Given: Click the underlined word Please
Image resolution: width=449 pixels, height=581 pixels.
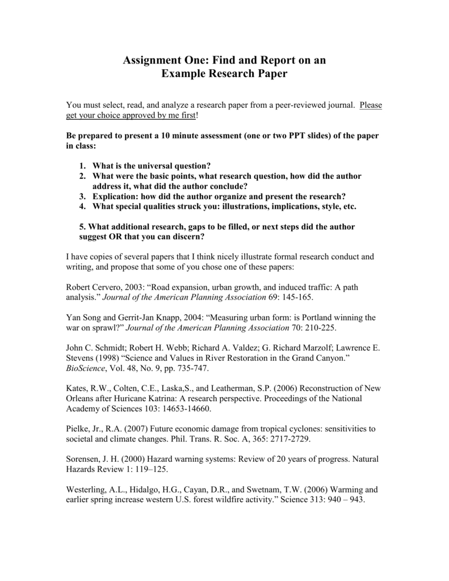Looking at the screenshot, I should coord(371,105).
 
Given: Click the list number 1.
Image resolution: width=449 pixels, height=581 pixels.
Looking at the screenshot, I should coord(82,166).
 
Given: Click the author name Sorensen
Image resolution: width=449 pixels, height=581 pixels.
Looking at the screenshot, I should coord(85,459).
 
